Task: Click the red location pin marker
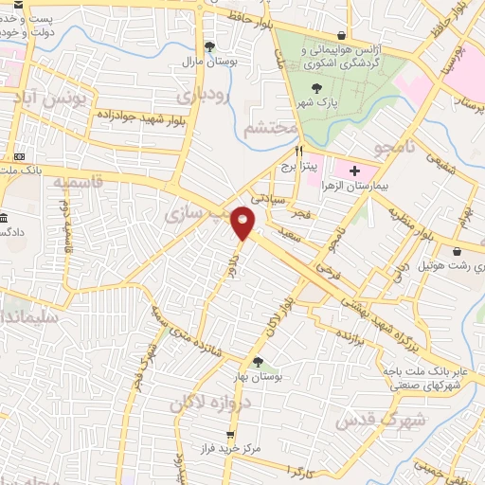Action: (243, 222)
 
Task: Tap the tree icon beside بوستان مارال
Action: (209, 46)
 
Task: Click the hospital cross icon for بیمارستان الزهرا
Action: (354, 171)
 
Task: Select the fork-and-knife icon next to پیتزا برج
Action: (298, 150)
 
